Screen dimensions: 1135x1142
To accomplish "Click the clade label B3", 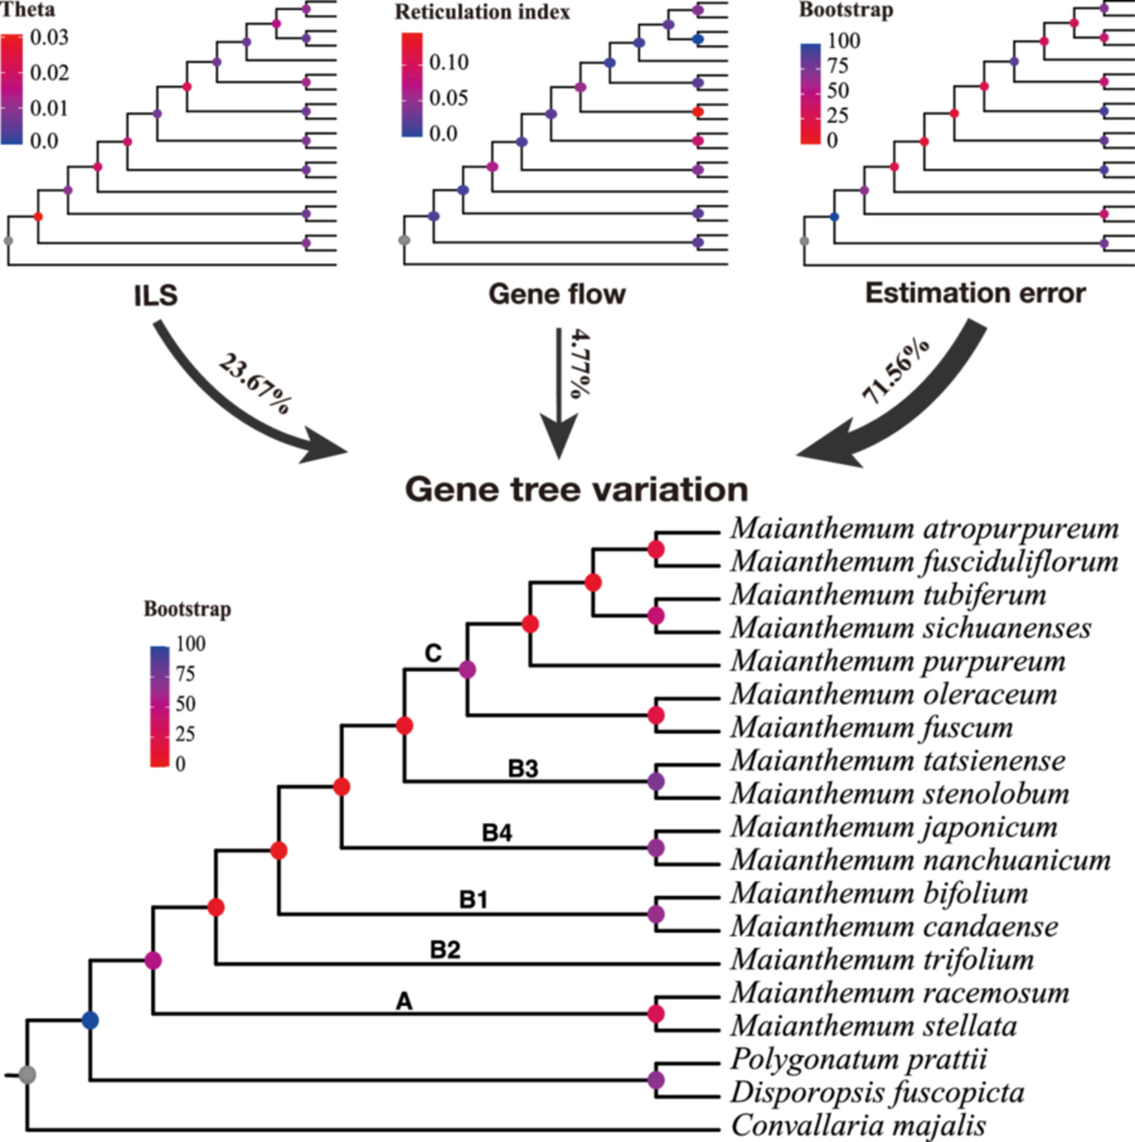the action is coord(523,769).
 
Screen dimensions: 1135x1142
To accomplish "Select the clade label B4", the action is coord(497,833).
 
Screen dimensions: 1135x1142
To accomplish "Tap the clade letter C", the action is coord(433,653).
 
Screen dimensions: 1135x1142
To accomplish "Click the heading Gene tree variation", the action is coord(577,489).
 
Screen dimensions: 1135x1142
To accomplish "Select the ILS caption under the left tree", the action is coord(156,295).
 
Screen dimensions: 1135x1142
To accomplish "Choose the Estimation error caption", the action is coord(976,293).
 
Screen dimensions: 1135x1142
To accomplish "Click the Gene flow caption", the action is coord(557,294).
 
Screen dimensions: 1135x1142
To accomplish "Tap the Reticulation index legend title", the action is coord(482,12).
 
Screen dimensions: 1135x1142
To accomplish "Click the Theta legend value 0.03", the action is coord(50,38).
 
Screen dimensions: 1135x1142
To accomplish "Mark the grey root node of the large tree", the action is coord(27,1075).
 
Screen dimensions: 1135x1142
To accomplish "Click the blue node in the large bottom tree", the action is coord(90,1020).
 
